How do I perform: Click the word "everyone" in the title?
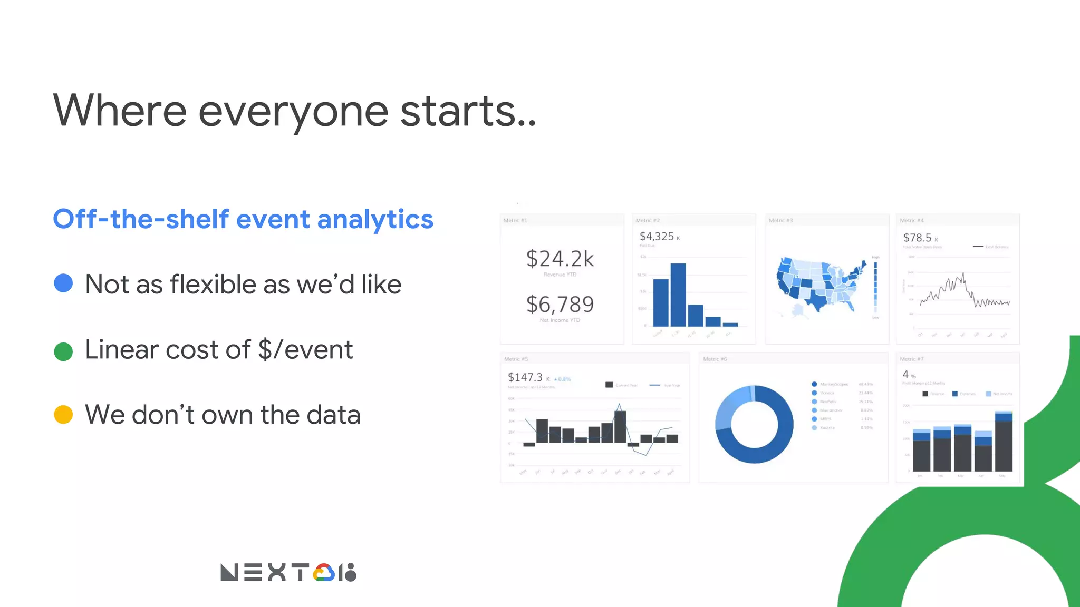pos(293,112)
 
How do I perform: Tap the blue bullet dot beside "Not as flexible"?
pos(63,283)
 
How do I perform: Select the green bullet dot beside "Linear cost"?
pos(63,351)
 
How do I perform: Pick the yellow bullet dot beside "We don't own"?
pos(63,415)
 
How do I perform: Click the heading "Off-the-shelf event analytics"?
pos(243,219)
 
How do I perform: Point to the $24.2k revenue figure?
pos(560,259)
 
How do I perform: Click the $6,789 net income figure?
pos(560,305)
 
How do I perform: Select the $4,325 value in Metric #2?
pos(657,237)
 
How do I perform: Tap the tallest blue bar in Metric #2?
pos(678,295)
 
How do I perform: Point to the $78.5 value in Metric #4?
pos(917,238)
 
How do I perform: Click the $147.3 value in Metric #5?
pos(525,377)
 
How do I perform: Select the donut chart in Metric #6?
pos(754,424)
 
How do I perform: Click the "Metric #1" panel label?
pos(515,220)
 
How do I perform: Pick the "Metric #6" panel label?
pos(715,359)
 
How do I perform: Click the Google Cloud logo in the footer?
pos(324,573)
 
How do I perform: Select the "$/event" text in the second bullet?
pos(305,350)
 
